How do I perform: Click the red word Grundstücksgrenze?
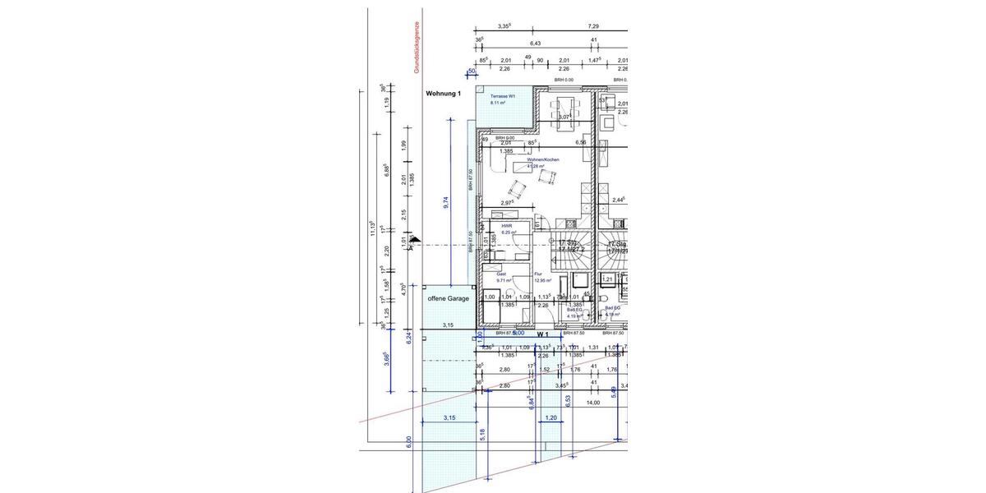point(417,48)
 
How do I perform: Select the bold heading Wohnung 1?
point(443,94)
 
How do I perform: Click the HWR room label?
point(507,228)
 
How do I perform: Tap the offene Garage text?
point(448,298)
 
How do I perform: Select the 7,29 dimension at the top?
point(593,26)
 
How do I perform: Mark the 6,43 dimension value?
point(536,43)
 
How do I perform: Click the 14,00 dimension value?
point(592,403)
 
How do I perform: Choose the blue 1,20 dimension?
point(551,417)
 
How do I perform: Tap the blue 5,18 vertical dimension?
point(481,433)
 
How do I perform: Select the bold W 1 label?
point(542,334)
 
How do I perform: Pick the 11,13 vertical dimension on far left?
point(372,228)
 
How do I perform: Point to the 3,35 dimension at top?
point(505,26)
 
